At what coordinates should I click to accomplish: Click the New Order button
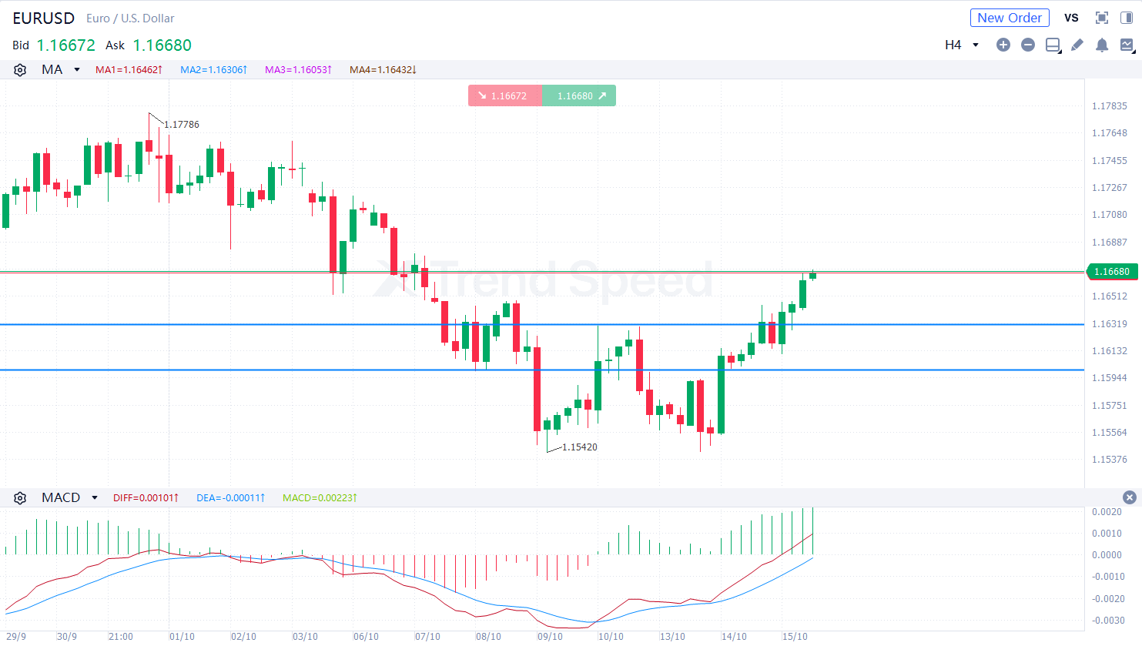point(1009,18)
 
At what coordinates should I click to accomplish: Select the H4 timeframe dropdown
point(961,45)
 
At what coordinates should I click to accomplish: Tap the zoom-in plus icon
point(1003,45)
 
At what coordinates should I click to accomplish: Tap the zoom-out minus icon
point(1027,45)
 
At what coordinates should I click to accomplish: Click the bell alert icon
point(1101,45)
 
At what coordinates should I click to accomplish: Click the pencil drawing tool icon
point(1077,45)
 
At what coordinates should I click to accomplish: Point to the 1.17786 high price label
point(181,125)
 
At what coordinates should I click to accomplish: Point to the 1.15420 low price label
point(579,447)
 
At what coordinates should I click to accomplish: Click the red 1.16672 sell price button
point(504,95)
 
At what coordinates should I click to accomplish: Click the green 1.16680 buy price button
point(579,95)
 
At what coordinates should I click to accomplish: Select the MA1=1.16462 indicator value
point(129,70)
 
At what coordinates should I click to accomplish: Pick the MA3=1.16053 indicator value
point(298,70)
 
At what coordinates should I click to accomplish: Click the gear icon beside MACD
point(20,498)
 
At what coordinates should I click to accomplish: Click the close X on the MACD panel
point(1129,497)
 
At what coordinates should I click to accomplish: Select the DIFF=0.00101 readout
point(146,498)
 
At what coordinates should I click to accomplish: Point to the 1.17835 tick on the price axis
point(1109,106)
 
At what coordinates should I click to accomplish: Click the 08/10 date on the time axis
point(488,637)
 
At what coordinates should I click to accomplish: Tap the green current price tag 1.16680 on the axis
point(1111,271)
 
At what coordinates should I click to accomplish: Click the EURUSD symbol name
point(44,18)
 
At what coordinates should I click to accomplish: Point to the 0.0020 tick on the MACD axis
point(1107,512)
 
